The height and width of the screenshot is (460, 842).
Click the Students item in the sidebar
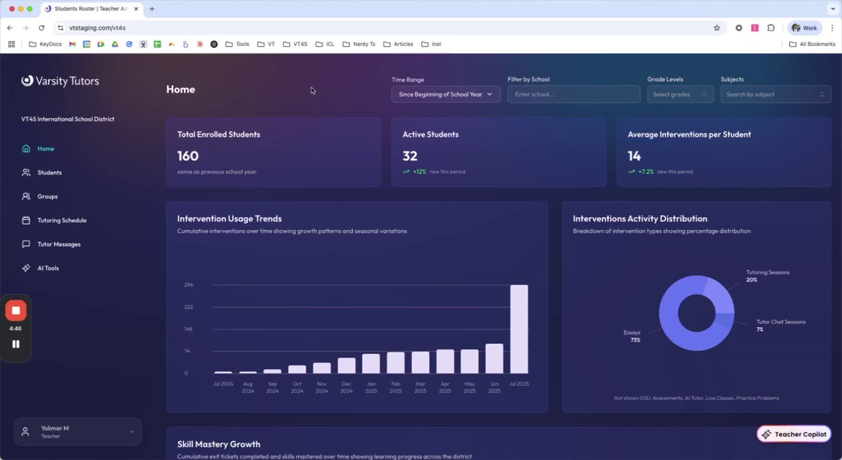pos(49,172)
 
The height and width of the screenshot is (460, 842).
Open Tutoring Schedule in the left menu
pos(61,220)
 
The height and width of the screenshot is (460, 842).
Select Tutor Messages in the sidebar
pos(59,244)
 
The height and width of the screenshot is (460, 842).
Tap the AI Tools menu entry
pos(48,268)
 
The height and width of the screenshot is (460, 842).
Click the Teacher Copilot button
pos(793,434)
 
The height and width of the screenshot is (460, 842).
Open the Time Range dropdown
pos(445,95)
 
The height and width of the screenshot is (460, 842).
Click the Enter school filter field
pos(573,95)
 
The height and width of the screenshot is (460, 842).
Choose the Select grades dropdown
pos(680,95)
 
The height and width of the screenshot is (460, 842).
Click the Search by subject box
pos(775,95)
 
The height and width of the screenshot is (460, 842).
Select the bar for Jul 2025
pos(519,329)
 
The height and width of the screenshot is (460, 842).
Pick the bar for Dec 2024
pos(346,365)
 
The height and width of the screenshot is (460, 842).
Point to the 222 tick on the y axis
pos(188,307)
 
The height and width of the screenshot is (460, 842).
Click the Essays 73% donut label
pos(632,336)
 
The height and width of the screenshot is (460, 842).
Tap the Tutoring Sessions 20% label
pos(767,276)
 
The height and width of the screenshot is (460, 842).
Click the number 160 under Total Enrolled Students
pos(188,156)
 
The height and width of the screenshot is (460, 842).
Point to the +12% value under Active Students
pos(419,172)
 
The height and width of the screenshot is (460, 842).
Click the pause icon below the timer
pos(16,344)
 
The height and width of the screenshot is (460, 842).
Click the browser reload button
pos(42,28)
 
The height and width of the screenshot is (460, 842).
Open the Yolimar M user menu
pos(77,432)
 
